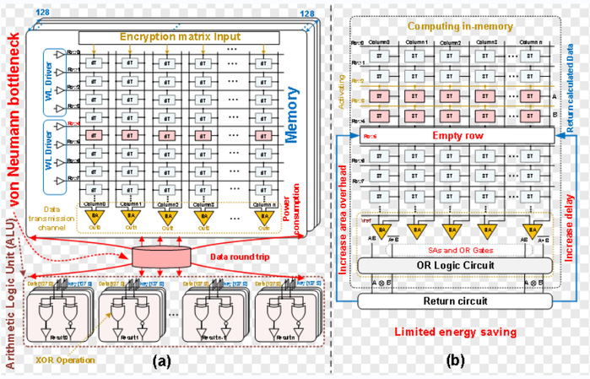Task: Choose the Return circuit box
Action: [457, 301]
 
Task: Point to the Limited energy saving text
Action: [457, 333]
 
